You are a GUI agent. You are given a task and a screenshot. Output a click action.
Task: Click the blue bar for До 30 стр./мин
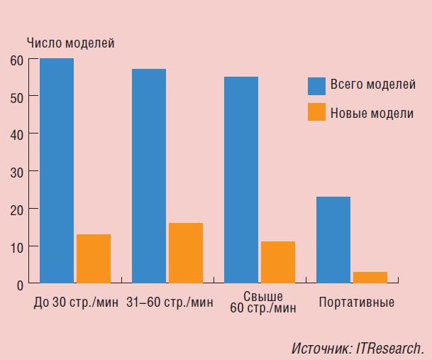pyautogui.click(x=57, y=170)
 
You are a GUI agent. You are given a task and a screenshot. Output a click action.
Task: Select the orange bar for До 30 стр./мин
pyautogui.click(x=94, y=259)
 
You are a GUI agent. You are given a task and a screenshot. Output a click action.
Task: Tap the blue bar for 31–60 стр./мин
pyautogui.click(x=149, y=176)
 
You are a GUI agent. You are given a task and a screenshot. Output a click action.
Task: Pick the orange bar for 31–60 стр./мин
pyautogui.click(x=186, y=253)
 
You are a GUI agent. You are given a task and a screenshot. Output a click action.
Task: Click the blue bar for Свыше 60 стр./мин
pyautogui.click(x=241, y=180)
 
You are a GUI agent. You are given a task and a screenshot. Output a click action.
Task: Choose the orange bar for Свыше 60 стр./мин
pyautogui.click(x=278, y=263)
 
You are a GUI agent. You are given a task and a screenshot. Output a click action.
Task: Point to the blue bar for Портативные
pyautogui.click(x=333, y=240)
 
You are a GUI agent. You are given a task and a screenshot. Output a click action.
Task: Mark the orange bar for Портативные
pyautogui.click(x=370, y=278)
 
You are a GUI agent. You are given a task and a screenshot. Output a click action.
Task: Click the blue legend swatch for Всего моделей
pyautogui.click(x=316, y=86)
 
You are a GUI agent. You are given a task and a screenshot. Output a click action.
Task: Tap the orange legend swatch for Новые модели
pyautogui.click(x=316, y=112)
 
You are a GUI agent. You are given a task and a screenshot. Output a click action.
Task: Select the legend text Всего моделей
pyautogui.click(x=372, y=86)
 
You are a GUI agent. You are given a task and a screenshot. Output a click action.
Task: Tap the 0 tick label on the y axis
pyautogui.click(x=20, y=284)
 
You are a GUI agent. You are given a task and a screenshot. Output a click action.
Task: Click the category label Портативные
pyautogui.click(x=357, y=302)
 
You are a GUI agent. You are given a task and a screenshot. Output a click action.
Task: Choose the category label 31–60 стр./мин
pyautogui.click(x=170, y=302)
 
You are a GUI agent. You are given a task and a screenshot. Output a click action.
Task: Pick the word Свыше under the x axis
pyautogui.click(x=262, y=296)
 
